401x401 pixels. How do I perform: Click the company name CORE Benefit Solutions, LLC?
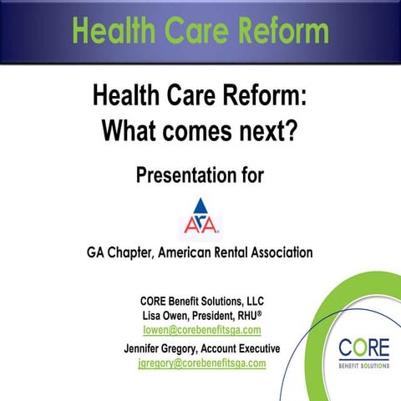point(202,301)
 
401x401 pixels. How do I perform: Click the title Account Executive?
point(240,348)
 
